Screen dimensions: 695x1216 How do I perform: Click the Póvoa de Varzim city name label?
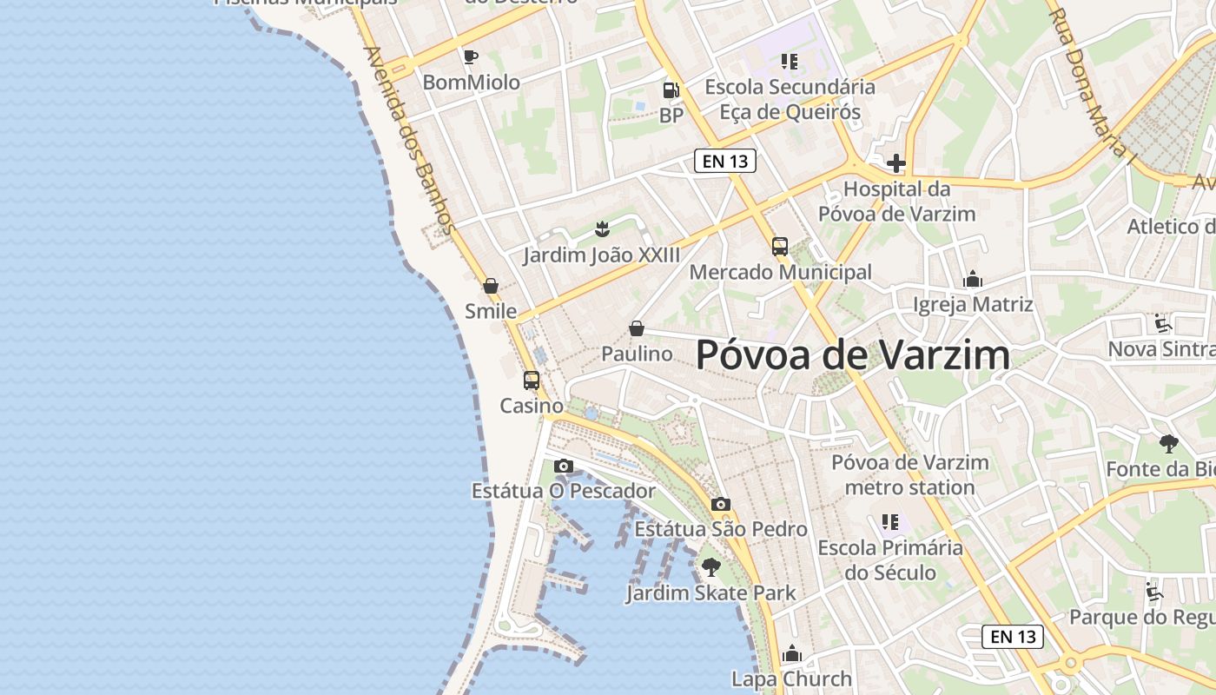[x=853, y=355]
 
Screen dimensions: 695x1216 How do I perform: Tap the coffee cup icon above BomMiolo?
[x=471, y=57]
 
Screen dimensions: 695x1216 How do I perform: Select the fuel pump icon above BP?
[x=671, y=89]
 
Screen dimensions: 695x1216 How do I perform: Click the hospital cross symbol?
[x=896, y=163]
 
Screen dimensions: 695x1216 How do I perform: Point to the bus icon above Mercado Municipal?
[x=780, y=247]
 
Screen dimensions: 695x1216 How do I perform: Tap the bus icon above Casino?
[x=532, y=381]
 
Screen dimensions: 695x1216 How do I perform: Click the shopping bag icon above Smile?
[x=491, y=286]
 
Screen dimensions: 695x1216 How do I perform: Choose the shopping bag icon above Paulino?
[x=637, y=328]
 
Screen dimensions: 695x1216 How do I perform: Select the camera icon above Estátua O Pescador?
[x=564, y=467]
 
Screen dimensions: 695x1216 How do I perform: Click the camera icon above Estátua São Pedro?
[x=720, y=505]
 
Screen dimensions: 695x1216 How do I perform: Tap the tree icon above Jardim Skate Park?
[x=711, y=568]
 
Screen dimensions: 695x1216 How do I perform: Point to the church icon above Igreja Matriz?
[x=973, y=280]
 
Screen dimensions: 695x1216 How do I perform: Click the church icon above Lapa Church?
[x=791, y=653]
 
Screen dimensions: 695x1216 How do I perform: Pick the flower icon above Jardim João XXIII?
[x=601, y=229]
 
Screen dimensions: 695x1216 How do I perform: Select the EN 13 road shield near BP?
[x=725, y=161]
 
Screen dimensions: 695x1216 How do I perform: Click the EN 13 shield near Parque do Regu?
[x=1013, y=637]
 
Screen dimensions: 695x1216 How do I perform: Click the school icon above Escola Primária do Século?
[x=890, y=522]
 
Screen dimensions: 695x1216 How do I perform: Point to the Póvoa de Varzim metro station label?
[x=910, y=474]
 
